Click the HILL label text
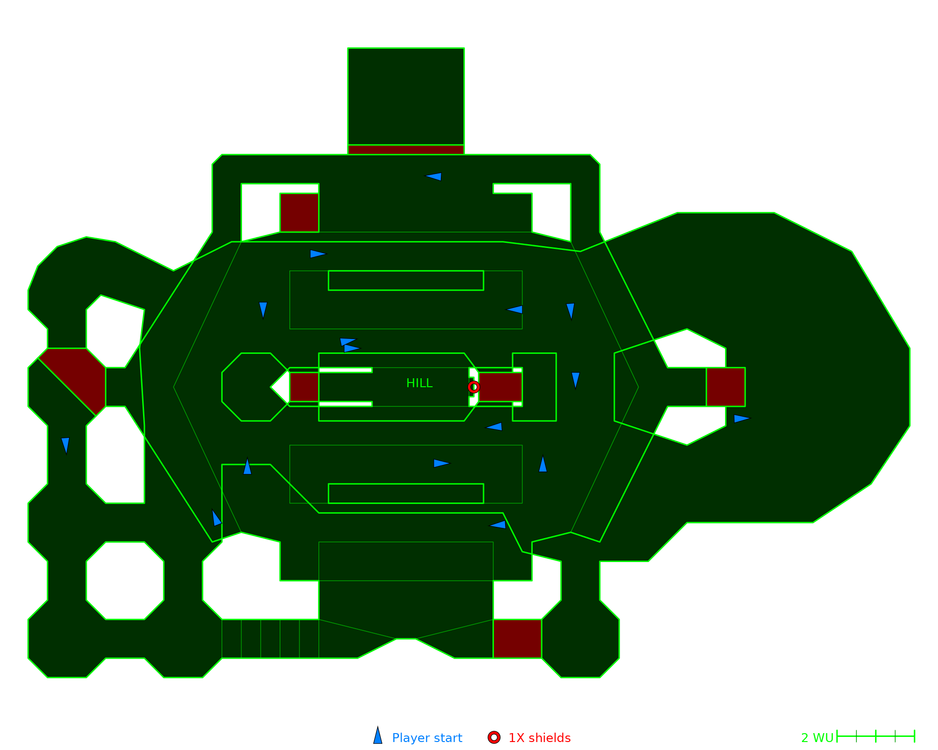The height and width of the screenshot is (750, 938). point(419,383)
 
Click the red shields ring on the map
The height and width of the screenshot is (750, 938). point(474,387)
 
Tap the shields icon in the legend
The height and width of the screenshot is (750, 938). point(494,737)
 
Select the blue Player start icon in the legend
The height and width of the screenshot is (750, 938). point(378,735)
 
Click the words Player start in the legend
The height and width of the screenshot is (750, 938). point(427,738)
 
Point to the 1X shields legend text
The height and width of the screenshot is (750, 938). point(539,738)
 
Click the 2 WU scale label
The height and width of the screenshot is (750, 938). point(817,738)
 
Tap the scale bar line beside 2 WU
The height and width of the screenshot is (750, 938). point(876,736)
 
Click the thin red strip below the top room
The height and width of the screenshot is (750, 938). point(406,150)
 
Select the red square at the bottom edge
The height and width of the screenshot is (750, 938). point(517,638)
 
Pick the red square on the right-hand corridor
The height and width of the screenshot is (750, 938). point(726,387)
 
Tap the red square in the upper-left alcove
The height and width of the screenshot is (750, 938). point(299,212)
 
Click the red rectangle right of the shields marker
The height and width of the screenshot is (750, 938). point(500,387)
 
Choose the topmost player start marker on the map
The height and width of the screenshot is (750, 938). point(433,177)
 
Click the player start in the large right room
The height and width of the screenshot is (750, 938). point(742,419)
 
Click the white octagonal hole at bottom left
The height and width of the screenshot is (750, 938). point(125,580)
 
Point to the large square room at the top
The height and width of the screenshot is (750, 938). point(406,97)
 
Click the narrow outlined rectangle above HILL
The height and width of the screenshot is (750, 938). point(406,280)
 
